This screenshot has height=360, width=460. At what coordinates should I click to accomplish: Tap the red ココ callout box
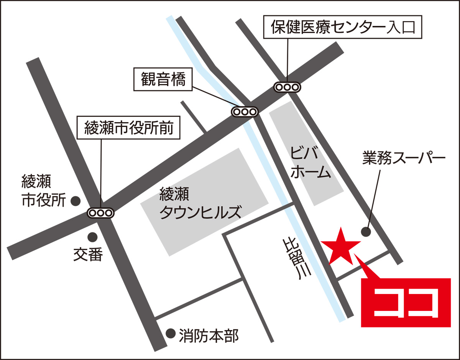click(406, 302)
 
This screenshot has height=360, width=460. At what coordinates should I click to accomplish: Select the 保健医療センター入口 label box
click(343, 28)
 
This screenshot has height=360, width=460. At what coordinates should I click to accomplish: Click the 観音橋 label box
click(162, 80)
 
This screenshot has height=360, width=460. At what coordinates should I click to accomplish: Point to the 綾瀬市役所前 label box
click(128, 128)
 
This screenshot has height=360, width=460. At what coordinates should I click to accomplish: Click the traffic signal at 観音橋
click(244, 112)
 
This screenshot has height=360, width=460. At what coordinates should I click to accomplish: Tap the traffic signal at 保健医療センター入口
click(287, 87)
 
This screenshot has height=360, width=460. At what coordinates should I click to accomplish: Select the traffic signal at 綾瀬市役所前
click(100, 212)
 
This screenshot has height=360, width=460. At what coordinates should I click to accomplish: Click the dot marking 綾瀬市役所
click(76, 200)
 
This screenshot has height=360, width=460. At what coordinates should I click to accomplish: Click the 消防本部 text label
click(209, 336)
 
